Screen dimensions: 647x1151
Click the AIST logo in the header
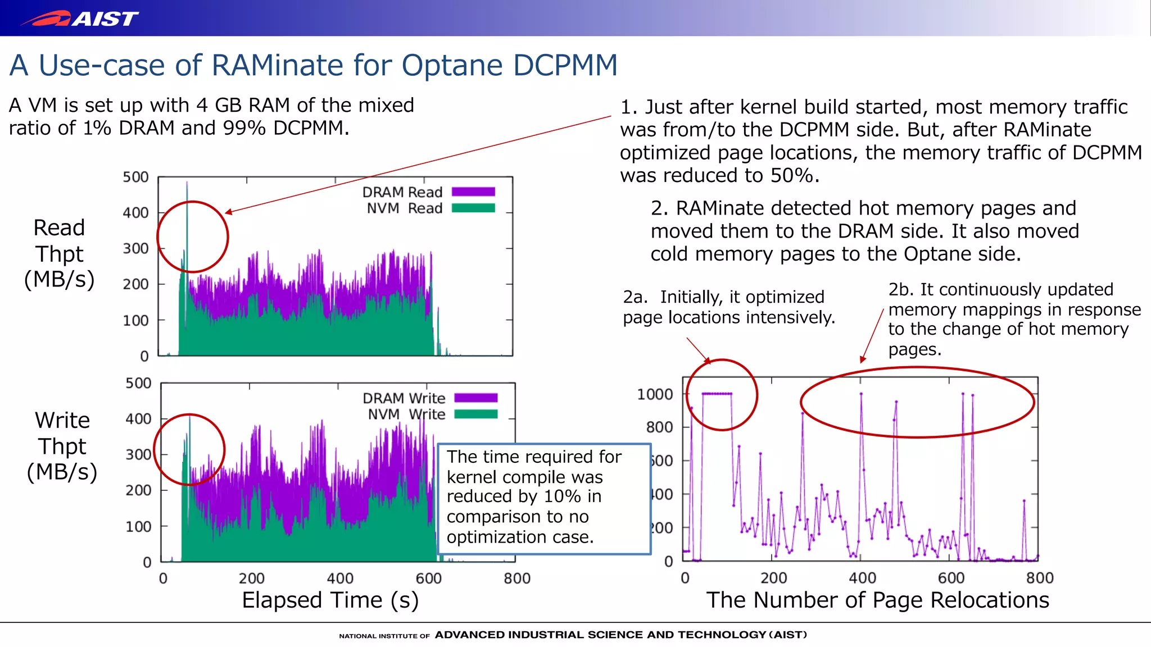pyautogui.click(x=79, y=19)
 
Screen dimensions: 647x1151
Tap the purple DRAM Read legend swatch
pyautogui.click(x=473, y=192)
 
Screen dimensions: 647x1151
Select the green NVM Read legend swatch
pyautogui.click(x=473, y=208)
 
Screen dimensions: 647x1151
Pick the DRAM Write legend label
pyautogui.click(x=404, y=398)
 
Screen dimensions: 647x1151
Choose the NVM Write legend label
pyautogui.click(x=406, y=414)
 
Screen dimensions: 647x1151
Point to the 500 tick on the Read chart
pyautogui.click(x=135, y=177)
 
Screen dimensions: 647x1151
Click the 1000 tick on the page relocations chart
pyautogui.click(x=655, y=394)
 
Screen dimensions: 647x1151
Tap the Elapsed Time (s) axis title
pyautogui.click(x=330, y=600)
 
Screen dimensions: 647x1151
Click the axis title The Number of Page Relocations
pyautogui.click(x=877, y=600)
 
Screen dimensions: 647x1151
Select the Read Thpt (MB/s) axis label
pyautogui.click(x=59, y=253)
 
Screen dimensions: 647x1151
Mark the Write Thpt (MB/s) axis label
pyautogui.click(x=62, y=446)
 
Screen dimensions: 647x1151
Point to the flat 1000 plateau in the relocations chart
pyautogui.click(x=717, y=394)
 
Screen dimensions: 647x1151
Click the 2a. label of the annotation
pyautogui.click(x=635, y=297)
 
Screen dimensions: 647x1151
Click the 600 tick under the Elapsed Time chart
pyautogui.click(x=428, y=578)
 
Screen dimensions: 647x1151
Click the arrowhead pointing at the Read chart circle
pyautogui.click(x=228, y=212)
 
